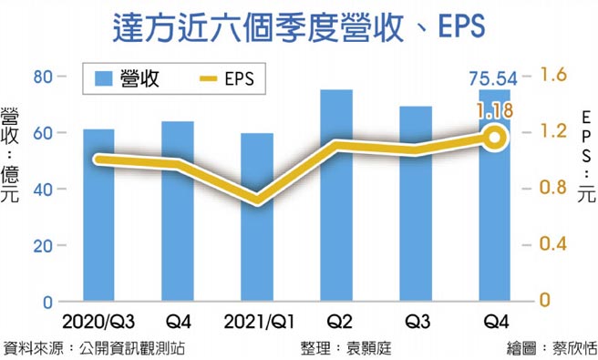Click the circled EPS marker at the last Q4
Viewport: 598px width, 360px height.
coord(495,138)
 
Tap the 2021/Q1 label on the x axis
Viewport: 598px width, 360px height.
coord(257,323)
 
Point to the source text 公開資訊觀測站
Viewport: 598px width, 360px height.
coord(136,347)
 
